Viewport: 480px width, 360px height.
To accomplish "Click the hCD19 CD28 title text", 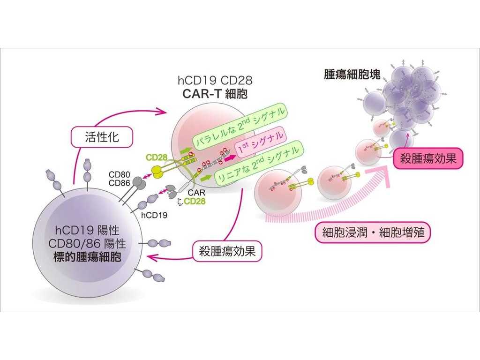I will click(x=215, y=80).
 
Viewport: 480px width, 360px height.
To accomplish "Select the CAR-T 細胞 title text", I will click(x=215, y=94).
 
